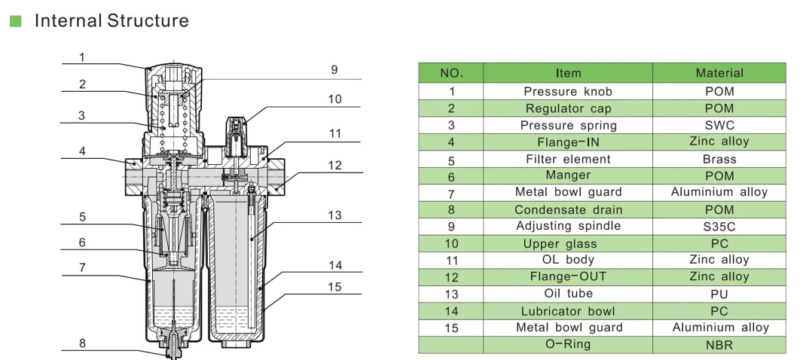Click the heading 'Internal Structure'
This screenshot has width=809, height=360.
point(111,20)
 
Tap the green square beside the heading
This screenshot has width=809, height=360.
point(14,21)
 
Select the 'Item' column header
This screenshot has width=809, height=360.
point(568,73)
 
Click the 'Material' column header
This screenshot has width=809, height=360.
point(719,73)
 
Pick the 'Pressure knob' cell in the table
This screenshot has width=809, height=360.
point(568,91)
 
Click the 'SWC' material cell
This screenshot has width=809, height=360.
point(719,125)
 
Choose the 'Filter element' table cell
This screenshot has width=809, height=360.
point(568,159)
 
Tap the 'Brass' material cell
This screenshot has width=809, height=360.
point(719,159)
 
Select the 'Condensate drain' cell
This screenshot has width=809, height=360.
point(568,209)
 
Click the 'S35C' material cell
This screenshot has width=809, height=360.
point(719,226)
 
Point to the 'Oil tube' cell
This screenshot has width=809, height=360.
point(568,294)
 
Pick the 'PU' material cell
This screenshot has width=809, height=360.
point(719,294)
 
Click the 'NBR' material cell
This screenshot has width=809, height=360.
point(719,346)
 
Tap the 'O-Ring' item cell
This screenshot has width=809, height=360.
point(568,344)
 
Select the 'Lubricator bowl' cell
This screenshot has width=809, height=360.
point(568,311)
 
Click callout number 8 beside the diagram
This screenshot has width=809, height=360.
point(82,343)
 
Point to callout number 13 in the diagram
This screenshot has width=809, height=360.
point(334,215)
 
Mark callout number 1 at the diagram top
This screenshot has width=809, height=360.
point(82,56)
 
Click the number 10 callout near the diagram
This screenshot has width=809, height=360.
point(334,99)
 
